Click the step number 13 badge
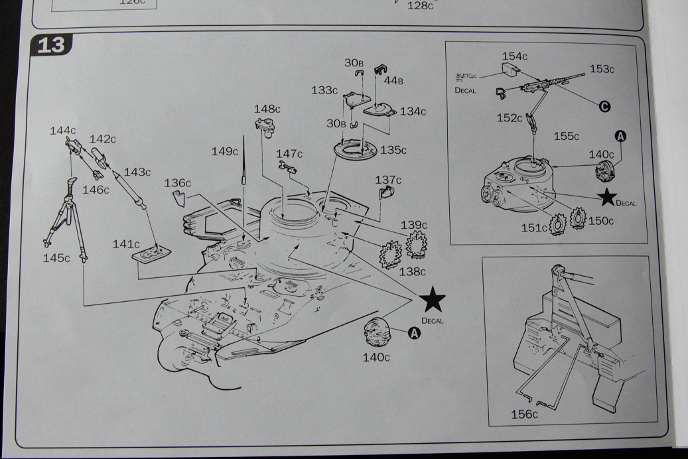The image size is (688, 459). (52, 45)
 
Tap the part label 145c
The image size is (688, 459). (56, 258)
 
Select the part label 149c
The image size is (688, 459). (225, 151)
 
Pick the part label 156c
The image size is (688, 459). (524, 415)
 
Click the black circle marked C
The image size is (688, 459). (604, 107)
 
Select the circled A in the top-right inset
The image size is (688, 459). (621, 136)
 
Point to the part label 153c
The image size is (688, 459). (602, 68)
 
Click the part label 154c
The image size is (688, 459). (515, 56)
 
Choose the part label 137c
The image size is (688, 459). (388, 180)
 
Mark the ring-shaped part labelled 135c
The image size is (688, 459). (357, 149)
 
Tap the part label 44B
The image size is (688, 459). (393, 80)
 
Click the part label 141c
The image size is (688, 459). (126, 244)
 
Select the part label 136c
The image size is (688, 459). (178, 182)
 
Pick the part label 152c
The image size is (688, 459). (510, 117)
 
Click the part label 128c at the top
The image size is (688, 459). (419, 5)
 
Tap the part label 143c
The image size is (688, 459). (137, 172)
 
